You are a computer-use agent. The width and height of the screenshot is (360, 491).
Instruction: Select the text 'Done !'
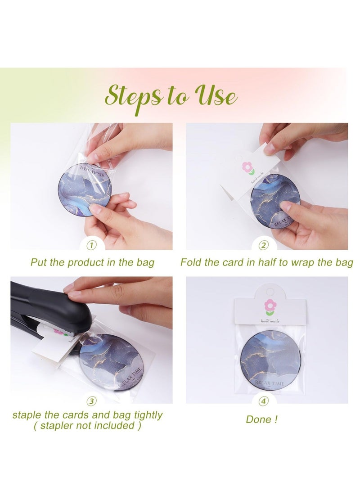[261, 419]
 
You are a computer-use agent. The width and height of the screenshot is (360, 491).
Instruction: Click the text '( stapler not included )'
[84, 425]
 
